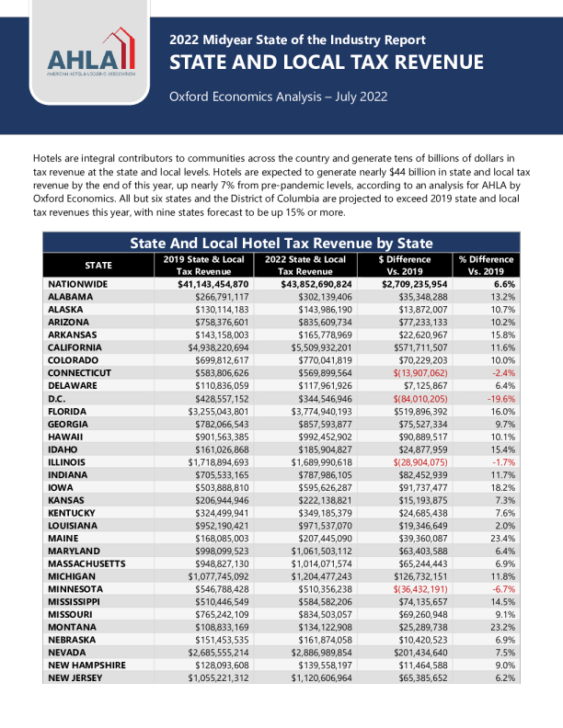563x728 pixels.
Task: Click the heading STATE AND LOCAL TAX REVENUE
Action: tap(326, 63)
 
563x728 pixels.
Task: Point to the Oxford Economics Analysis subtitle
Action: tap(278, 97)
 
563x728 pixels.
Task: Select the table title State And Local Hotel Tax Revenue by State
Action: tap(281, 243)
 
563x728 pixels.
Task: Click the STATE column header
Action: tap(98, 266)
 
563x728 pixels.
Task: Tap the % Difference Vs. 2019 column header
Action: tap(487, 266)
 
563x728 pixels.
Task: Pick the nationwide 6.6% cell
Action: tap(498, 285)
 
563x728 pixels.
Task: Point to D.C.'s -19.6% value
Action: tap(496, 399)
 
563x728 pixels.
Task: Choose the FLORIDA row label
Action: tap(68, 412)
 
